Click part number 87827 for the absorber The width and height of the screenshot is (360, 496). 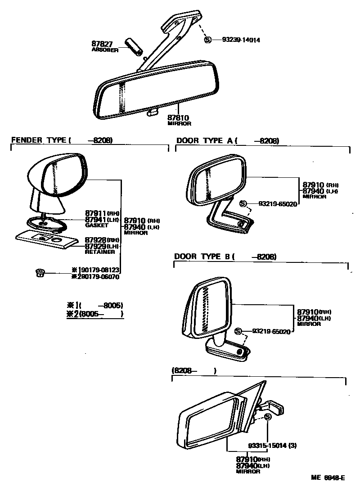coord(102,44)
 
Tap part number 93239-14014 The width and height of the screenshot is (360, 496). coord(241,40)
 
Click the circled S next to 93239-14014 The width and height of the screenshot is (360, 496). coord(208,40)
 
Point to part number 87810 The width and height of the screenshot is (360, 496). coord(178,117)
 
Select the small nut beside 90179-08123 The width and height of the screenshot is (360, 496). coord(39,272)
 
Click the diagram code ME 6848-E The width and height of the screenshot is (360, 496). coord(327,478)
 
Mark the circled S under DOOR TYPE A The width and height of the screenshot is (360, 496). coord(243,204)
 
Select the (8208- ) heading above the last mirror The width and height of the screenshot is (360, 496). coord(193,371)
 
